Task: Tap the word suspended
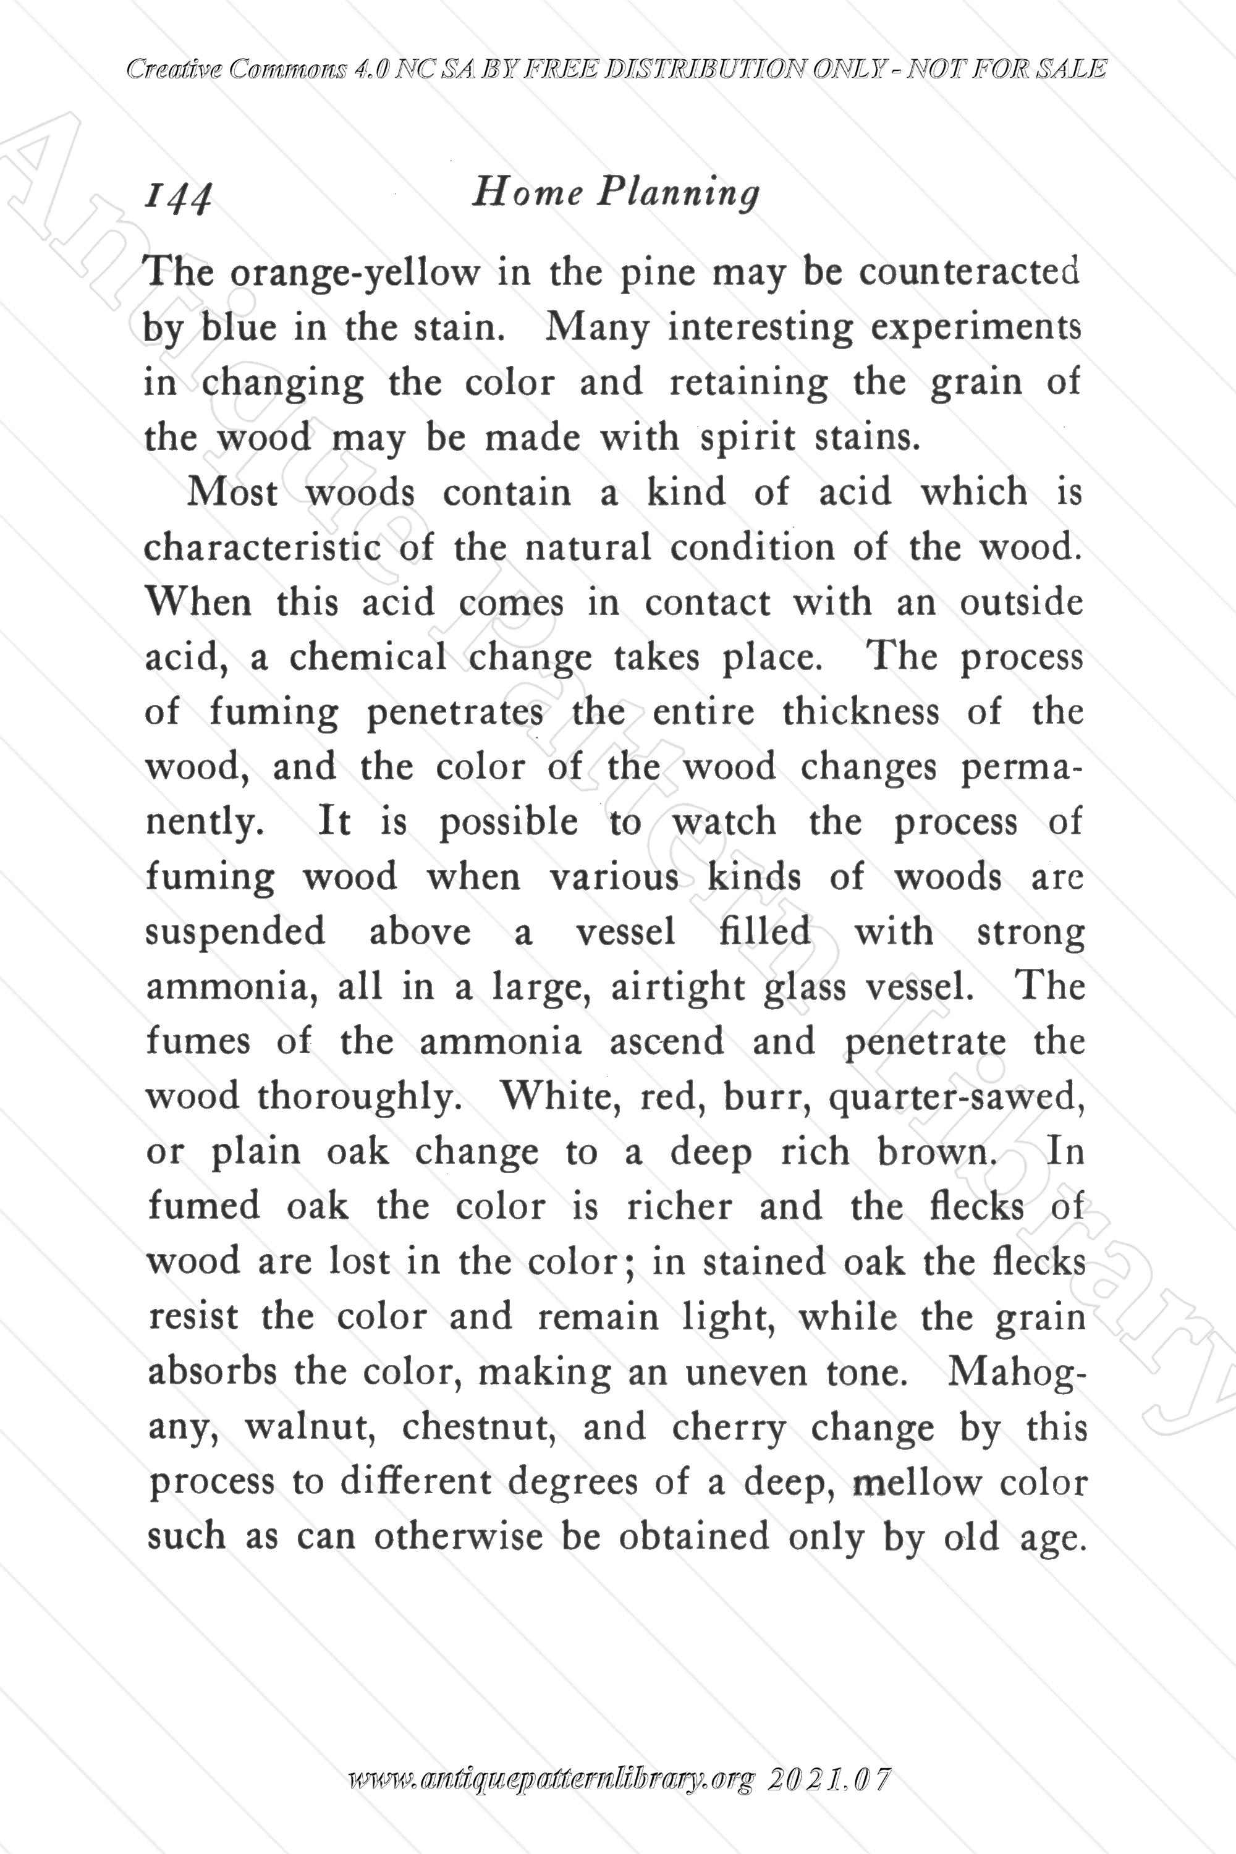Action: pyautogui.click(x=235, y=933)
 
